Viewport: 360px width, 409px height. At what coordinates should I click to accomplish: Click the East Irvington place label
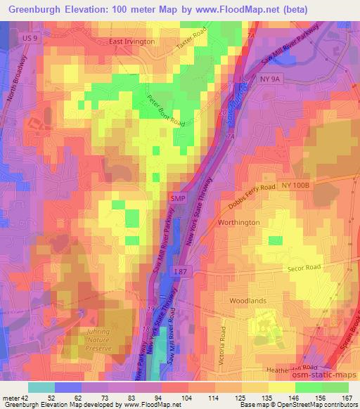[x=131, y=42]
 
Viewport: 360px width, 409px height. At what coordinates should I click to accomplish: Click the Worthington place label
[x=238, y=222]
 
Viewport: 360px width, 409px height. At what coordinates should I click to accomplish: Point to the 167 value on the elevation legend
[x=347, y=397]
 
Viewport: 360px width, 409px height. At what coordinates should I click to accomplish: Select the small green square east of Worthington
[x=275, y=240]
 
